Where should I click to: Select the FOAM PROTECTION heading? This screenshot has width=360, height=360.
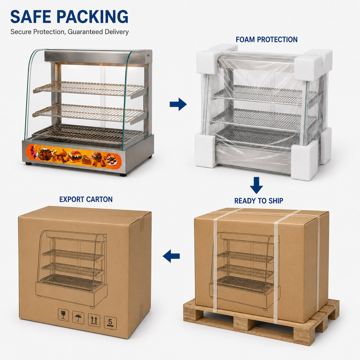[x=267, y=39]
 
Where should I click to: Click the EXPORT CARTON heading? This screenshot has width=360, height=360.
[x=86, y=199]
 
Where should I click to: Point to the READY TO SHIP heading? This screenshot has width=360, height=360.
[x=259, y=201]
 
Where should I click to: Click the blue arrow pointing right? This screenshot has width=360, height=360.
[x=178, y=104]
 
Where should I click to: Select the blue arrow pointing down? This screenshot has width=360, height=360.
[x=256, y=185]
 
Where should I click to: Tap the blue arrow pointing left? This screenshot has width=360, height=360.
[x=171, y=256]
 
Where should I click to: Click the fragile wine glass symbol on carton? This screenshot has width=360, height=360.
[x=63, y=315]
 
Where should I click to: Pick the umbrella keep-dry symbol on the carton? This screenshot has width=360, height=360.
[x=78, y=318]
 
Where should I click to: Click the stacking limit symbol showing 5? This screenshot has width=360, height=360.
[x=110, y=323]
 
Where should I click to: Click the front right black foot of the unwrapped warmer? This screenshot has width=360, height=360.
[x=123, y=174]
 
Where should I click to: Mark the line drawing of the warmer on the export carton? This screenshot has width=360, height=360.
[x=72, y=269]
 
